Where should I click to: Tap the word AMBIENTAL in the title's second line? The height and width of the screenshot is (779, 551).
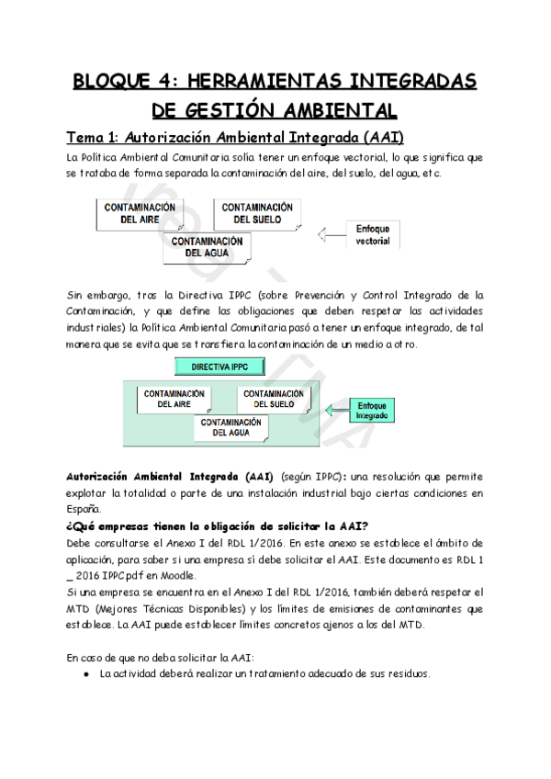click(x=327, y=111)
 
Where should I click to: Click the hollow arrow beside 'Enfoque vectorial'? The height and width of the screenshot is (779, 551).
click(x=328, y=234)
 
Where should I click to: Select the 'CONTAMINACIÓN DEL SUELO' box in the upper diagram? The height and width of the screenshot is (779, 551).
click(x=257, y=213)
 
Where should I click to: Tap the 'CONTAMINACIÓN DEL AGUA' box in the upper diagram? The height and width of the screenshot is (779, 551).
click(x=208, y=247)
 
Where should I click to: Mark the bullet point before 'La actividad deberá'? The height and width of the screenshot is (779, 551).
click(x=85, y=672)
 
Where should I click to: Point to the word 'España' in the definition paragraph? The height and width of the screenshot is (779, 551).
click(x=85, y=510)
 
